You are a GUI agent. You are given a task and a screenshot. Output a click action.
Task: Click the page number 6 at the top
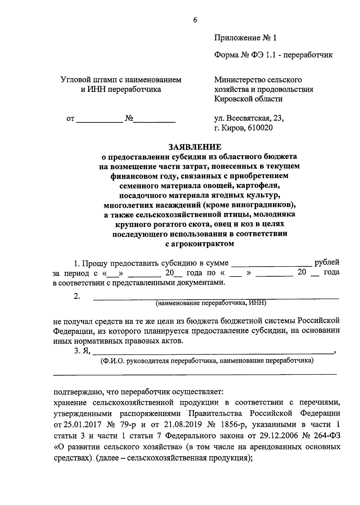[x=195, y=20]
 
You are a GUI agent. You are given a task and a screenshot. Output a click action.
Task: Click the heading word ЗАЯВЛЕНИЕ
[x=195, y=147]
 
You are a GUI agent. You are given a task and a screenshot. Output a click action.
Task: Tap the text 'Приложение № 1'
[x=245, y=38]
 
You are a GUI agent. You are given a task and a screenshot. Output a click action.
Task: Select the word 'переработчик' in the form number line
[x=308, y=55]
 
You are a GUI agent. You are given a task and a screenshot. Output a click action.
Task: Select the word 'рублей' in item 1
[x=327, y=262]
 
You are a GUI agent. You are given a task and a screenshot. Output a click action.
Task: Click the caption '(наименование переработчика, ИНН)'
[x=211, y=303]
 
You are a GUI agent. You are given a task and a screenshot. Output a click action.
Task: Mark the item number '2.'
[x=77, y=296]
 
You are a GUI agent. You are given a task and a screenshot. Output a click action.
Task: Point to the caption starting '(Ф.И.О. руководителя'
[x=207, y=361]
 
